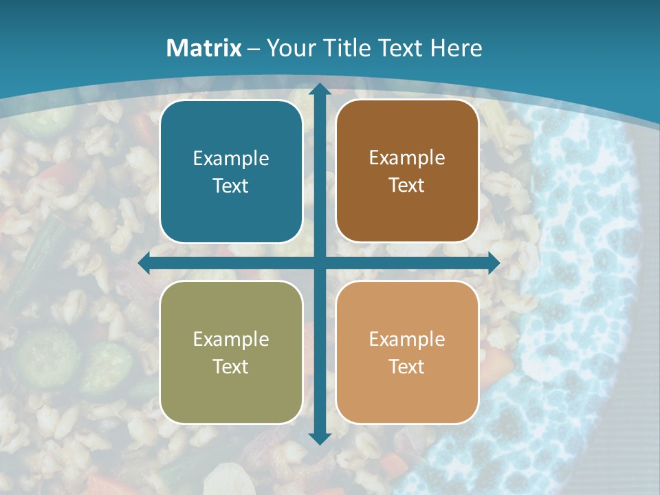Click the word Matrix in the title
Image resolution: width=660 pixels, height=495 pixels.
tap(204, 48)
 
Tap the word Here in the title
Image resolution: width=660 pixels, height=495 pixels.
tap(456, 48)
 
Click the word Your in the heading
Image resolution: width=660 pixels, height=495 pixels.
tap(289, 48)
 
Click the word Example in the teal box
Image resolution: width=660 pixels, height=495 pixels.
tap(231, 159)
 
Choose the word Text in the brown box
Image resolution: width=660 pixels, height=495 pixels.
tap(407, 186)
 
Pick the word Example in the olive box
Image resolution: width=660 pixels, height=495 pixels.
tap(231, 339)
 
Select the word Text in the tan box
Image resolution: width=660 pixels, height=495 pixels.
tap(407, 366)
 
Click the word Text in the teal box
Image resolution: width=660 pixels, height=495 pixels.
tap(231, 186)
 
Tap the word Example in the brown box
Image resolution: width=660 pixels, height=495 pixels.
tap(407, 158)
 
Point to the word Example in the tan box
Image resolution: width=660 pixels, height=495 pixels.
tap(407, 339)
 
